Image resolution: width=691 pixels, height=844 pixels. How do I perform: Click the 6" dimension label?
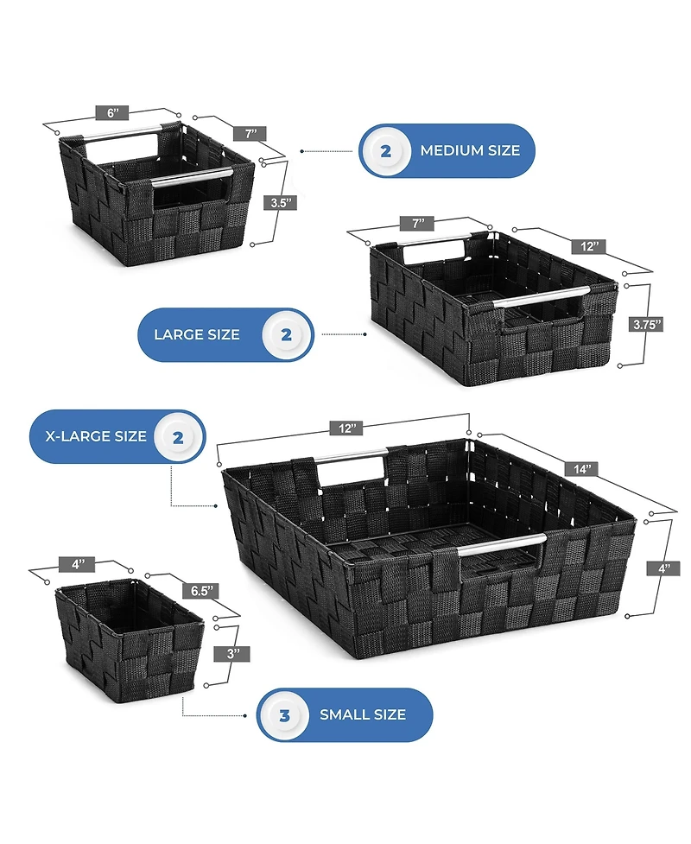(x=112, y=113)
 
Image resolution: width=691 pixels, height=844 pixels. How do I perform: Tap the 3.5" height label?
(x=281, y=203)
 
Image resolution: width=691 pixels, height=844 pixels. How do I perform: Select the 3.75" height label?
(x=647, y=325)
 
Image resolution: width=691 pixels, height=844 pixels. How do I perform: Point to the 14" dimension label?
(x=582, y=469)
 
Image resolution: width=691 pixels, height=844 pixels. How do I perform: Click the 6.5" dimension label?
(x=202, y=591)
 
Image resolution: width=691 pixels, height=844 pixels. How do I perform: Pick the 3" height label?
(x=232, y=654)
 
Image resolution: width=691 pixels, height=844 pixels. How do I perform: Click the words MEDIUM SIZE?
(x=470, y=150)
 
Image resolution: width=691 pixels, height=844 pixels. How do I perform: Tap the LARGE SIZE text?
(x=196, y=335)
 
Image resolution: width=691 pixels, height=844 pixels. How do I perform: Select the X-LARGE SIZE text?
(x=96, y=436)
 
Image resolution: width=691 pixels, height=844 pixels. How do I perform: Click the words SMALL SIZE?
(x=363, y=714)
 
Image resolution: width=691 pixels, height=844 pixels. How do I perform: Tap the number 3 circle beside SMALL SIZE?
(x=284, y=715)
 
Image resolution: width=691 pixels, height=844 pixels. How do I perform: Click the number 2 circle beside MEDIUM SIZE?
(x=385, y=151)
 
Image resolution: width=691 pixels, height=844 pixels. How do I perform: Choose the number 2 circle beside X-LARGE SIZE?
(x=178, y=438)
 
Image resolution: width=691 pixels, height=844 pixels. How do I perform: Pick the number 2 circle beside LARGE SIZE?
(x=286, y=335)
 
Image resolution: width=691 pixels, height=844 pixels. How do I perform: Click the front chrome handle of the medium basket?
(x=192, y=177)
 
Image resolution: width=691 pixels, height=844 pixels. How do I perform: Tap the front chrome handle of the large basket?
(x=542, y=297)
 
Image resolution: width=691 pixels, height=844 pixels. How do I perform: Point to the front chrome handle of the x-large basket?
(x=502, y=543)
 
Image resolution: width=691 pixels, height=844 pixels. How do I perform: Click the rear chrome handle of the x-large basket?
(x=351, y=455)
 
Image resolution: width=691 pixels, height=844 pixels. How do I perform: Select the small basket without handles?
(x=130, y=640)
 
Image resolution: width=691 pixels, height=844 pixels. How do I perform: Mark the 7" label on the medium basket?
(x=250, y=134)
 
